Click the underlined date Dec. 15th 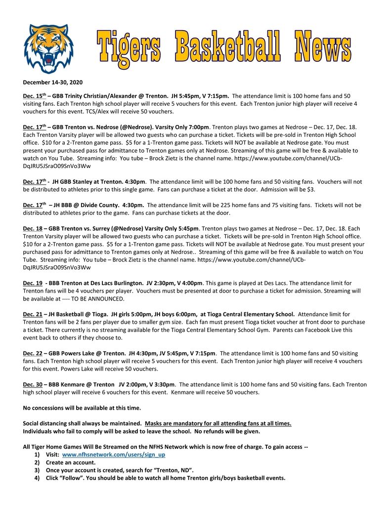[x=34, y=96]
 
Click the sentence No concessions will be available [x=82, y=408]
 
